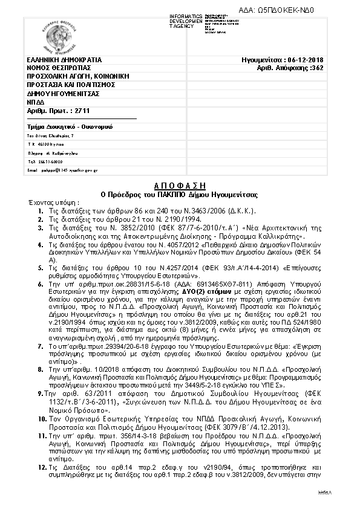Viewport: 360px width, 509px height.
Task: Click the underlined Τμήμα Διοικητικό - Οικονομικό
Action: [x=70, y=127]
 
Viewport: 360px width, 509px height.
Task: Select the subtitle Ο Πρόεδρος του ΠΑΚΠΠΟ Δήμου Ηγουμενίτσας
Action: [x=178, y=194]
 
